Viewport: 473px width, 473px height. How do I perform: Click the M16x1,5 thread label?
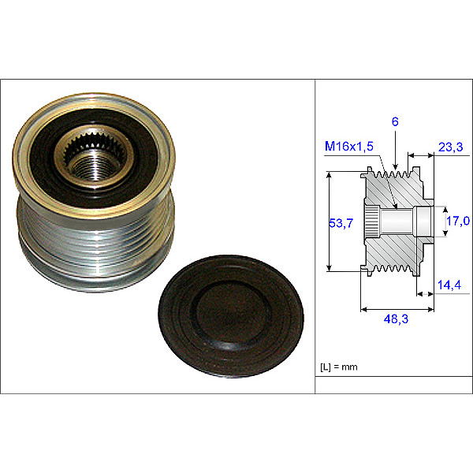(x=349, y=147)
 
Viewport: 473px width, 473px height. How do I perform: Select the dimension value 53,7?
(x=341, y=223)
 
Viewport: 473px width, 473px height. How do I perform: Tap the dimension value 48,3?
(x=396, y=318)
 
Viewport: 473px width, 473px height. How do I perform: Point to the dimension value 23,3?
(x=450, y=147)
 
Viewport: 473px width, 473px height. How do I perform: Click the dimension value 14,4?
(x=449, y=285)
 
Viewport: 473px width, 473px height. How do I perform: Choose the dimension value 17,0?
(x=458, y=221)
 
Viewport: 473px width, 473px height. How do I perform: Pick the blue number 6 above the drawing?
(x=395, y=121)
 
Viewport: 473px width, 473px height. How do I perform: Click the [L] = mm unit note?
(x=339, y=367)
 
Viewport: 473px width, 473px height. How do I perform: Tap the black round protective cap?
(x=231, y=316)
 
